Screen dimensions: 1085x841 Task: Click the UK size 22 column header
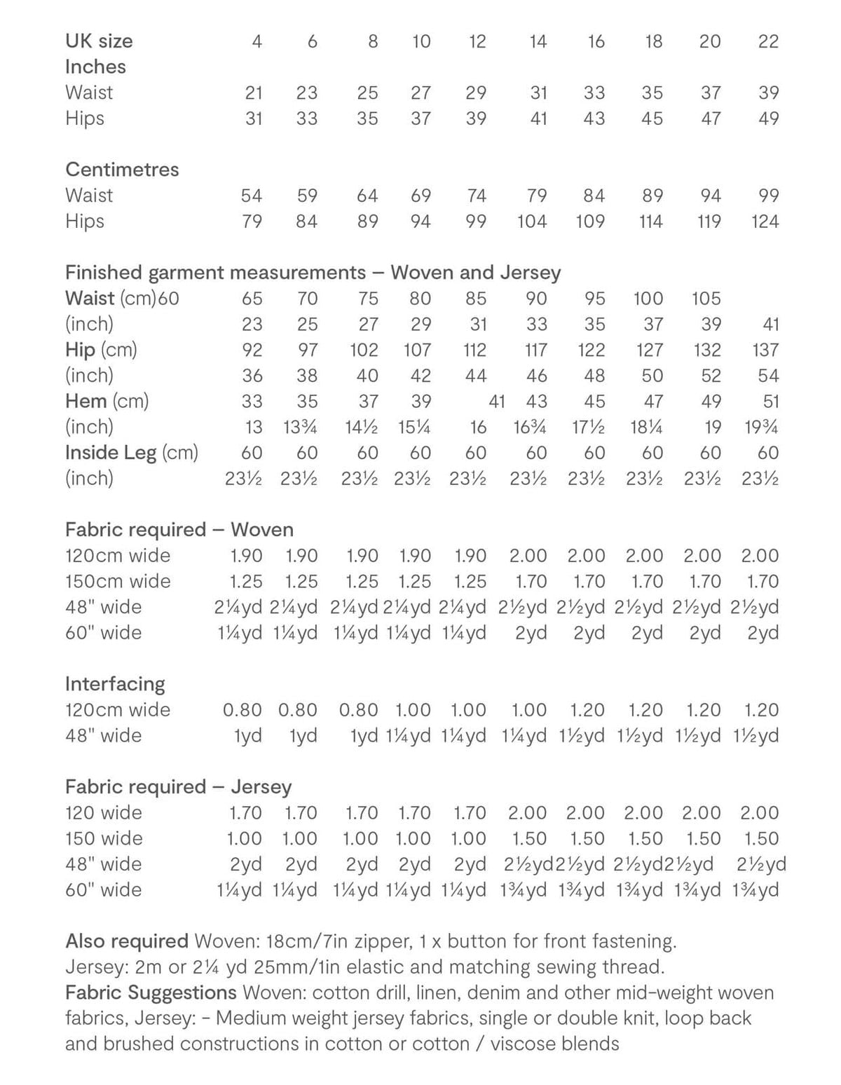[768, 41]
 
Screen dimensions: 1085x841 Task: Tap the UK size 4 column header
[257, 41]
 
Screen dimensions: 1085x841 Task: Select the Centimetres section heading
[122, 170]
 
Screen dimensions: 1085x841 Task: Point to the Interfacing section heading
[115, 683]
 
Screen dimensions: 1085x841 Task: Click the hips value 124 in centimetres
[765, 221]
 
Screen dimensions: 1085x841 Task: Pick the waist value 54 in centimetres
[251, 196]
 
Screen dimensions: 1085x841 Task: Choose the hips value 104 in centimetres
[531, 221]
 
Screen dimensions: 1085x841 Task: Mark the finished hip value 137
[765, 350]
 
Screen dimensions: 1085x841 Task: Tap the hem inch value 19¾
[761, 427]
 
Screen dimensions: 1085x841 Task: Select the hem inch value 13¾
[300, 427]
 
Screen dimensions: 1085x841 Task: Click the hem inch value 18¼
[644, 427]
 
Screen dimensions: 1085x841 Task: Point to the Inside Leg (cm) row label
[132, 453]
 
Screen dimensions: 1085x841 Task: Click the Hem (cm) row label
[107, 402]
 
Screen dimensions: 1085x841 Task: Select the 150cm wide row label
[118, 581]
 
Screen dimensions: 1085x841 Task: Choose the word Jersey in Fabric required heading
[261, 787]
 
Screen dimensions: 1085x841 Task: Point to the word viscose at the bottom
[521, 1044]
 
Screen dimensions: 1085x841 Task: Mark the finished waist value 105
[706, 299]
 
